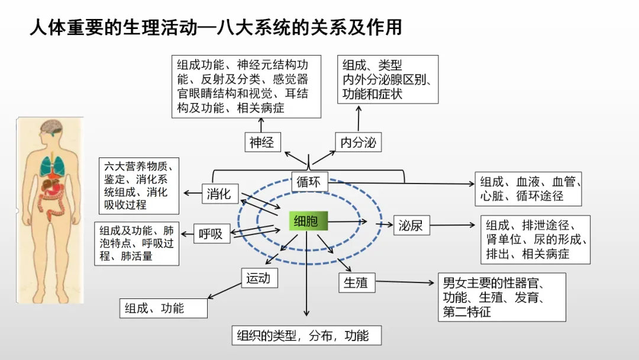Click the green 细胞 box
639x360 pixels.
(306, 221)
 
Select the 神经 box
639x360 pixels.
(262, 142)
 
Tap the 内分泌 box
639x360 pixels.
(358, 142)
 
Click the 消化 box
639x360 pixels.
(220, 194)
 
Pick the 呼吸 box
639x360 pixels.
(211, 234)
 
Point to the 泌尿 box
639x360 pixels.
(411, 225)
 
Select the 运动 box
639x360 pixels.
(259, 278)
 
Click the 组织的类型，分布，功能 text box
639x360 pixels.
(306, 336)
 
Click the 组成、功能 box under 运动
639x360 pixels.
(164, 308)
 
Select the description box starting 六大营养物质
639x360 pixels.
(139, 186)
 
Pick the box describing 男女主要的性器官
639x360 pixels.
(501, 297)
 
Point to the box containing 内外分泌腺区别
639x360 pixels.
(388, 79)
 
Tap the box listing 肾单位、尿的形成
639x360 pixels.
(535, 239)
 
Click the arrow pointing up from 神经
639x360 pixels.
(261, 124)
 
